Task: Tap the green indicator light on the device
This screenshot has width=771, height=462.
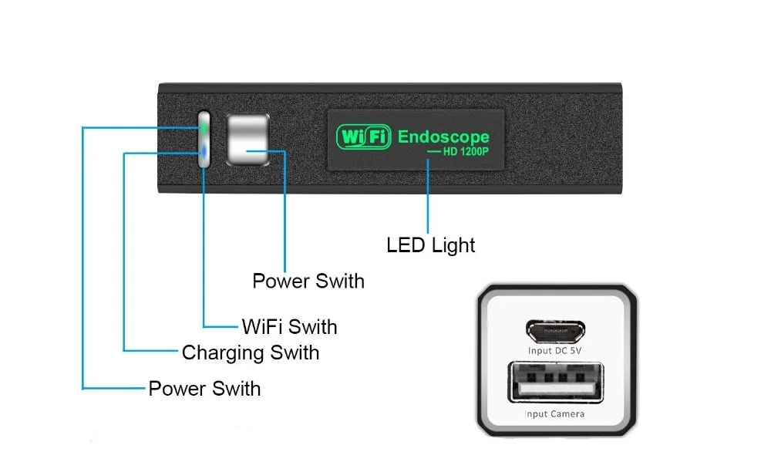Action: pyautogui.click(x=204, y=124)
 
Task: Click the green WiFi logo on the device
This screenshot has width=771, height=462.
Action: pyautogui.click(x=364, y=138)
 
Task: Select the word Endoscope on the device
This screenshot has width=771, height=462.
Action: pyautogui.click(x=443, y=137)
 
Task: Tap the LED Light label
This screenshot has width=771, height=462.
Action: pyautogui.click(x=430, y=245)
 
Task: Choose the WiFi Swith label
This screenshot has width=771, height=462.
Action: pyautogui.click(x=289, y=326)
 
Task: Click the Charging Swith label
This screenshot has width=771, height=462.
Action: pyautogui.click(x=250, y=353)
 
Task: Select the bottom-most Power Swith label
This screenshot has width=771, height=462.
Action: pyautogui.click(x=204, y=388)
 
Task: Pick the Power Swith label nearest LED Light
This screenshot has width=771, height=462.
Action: pyautogui.click(x=308, y=281)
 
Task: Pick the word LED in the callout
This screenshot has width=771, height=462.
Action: pyautogui.click(x=405, y=245)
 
